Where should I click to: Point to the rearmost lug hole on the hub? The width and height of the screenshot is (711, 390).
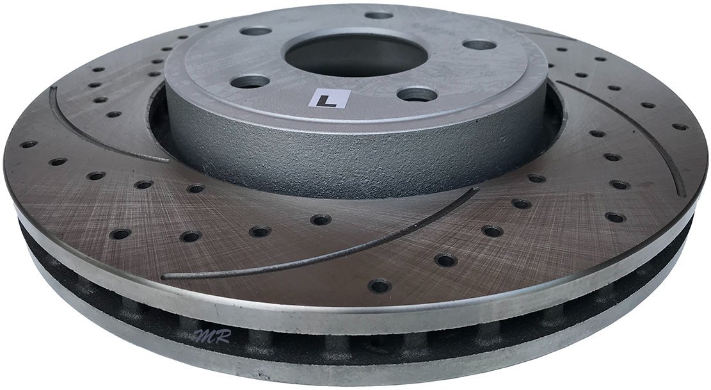(379, 15)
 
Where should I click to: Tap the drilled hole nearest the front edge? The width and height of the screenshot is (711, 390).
(379, 284)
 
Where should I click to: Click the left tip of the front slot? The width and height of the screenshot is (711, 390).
(165, 277)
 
